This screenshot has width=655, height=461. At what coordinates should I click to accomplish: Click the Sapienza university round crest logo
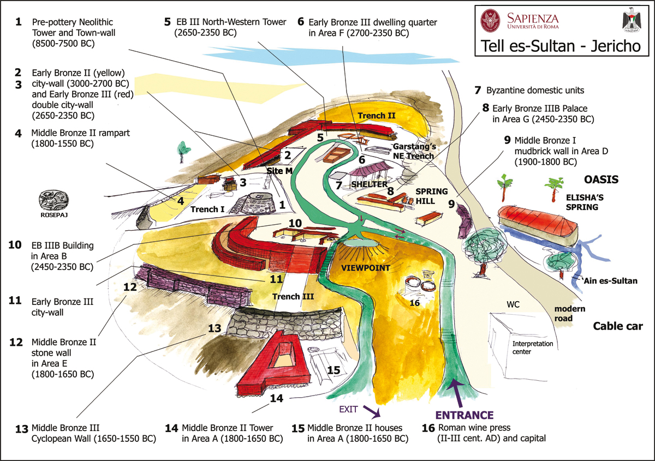490,21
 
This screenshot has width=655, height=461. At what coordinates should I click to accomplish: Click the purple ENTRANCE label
465,415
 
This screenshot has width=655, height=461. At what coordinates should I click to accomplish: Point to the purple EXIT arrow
372,411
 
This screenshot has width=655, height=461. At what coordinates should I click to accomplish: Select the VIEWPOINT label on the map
366,268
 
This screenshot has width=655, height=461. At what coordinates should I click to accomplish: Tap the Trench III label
293,296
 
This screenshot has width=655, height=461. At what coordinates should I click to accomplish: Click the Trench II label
377,116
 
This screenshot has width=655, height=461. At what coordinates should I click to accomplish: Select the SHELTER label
370,184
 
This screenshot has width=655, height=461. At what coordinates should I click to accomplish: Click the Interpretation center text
533,348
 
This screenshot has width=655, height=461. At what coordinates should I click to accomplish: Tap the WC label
513,304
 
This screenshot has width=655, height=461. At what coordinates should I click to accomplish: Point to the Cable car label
618,326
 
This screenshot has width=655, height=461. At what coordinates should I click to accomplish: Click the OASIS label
601,179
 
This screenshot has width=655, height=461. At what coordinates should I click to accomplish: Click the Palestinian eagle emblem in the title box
632,20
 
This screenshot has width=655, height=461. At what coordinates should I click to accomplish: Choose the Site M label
279,171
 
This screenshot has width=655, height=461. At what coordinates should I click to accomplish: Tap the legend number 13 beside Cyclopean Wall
22,429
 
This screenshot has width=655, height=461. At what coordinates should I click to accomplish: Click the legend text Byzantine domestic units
535,91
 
